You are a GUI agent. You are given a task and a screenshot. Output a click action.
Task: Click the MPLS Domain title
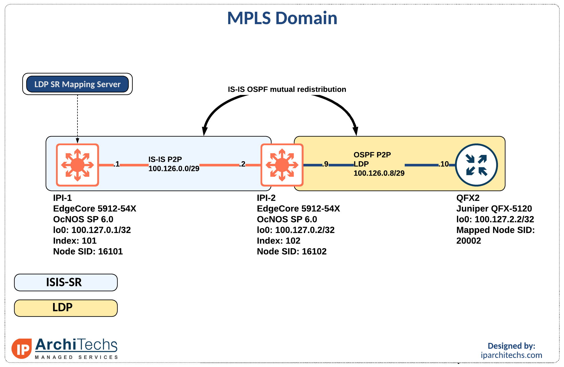point(282,18)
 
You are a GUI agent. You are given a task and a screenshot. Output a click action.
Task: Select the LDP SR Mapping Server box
point(77,84)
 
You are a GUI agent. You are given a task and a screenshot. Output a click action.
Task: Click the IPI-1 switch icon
point(77,165)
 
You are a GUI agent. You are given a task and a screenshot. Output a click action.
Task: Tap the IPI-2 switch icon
point(282,165)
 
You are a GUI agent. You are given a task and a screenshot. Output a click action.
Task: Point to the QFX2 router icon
point(476,165)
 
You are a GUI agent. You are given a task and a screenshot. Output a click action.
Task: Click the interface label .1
point(117,164)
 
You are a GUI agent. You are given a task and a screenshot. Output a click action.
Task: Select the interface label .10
point(444,164)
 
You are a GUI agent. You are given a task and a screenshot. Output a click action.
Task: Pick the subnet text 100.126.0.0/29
point(174,169)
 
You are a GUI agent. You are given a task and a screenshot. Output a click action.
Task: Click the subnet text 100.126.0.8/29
point(379,173)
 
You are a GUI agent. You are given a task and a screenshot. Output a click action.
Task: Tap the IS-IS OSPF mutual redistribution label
point(287,90)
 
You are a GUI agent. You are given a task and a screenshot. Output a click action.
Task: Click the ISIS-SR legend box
point(66,282)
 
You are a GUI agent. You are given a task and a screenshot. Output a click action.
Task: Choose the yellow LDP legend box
point(66,308)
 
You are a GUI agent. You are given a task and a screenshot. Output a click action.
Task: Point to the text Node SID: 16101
point(88,251)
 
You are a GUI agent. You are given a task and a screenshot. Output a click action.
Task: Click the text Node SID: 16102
point(292,251)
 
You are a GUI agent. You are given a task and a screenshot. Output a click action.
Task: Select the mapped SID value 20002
point(468,241)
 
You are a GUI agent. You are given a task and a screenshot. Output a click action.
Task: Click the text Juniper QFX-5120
point(494,209)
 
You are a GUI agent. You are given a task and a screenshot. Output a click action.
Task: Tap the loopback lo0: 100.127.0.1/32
point(92,230)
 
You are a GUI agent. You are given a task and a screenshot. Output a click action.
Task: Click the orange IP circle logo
point(22,349)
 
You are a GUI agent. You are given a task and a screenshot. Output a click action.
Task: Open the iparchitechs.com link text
point(511,355)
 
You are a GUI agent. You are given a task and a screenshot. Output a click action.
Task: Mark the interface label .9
point(325,164)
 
